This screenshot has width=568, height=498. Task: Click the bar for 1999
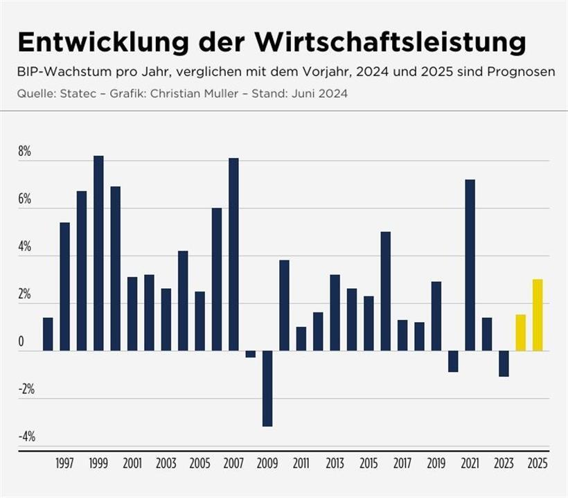click(x=98, y=254)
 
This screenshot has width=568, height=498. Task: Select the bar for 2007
click(x=233, y=254)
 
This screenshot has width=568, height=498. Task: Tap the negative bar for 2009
click(x=267, y=389)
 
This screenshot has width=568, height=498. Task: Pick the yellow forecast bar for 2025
click(x=538, y=315)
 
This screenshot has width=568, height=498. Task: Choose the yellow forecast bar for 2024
click(x=521, y=333)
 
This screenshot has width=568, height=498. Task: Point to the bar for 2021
click(x=470, y=265)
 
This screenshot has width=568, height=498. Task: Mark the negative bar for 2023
click(x=504, y=364)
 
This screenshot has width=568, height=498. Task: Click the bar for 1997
click(x=65, y=287)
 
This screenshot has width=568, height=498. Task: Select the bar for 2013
click(x=335, y=312)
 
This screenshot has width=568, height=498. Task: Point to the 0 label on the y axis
click(x=21, y=342)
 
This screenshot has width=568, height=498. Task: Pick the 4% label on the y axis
click(x=25, y=247)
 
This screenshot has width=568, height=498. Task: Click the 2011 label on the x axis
click(x=301, y=464)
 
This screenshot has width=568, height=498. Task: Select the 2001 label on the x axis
click(x=132, y=464)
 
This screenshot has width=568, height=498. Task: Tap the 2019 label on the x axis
click(x=436, y=464)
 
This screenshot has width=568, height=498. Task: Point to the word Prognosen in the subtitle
click(x=525, y=72)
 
